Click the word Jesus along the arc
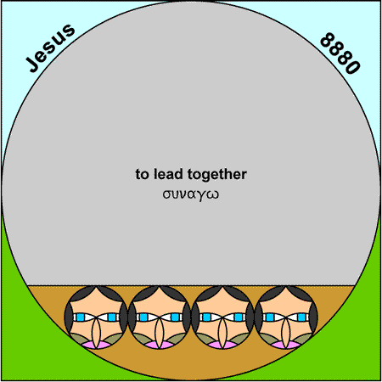[x=50, y=48]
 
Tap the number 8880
[x=340, y=53]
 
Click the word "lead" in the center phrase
[x=168, y=174]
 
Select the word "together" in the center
[x=217, y=175]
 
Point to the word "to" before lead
[x=142, y=174]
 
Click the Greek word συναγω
[x=191, y=194]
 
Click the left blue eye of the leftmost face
[x=81, y=317]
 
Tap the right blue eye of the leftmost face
[x=112, y=317]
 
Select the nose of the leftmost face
[x=97, y=332]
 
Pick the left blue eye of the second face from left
[x=143, y=317]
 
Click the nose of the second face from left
[x=160, y=332]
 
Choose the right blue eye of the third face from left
[x=239, y=317]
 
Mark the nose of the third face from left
[x=222, y=332]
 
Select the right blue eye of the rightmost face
[x=301, y=317]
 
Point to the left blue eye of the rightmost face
[x=270, y=317]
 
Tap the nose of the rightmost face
[x=286, y=332]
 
